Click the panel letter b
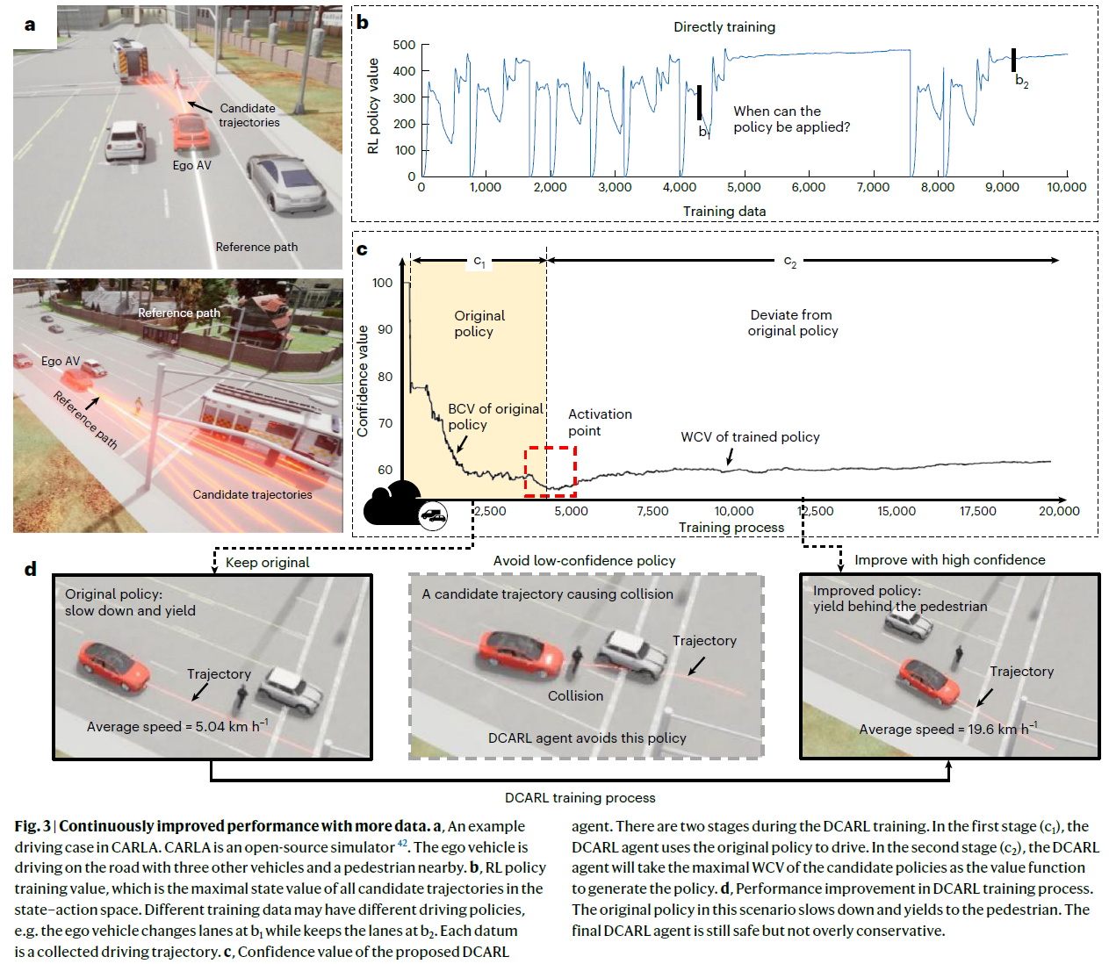tap(363, 22)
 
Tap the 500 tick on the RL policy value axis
tap(404, 45)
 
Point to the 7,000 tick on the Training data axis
tap(873, 187)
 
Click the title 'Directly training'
tap(724, 27)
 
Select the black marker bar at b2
tap(1013, 60)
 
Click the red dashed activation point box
tap(551, 471)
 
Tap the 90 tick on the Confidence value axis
tap(385, 329)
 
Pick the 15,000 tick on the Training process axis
tap(897, 511)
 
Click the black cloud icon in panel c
tap(392, 504)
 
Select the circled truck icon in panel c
tap(433, 516)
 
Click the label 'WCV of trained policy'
tap(750, 437)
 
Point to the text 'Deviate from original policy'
tap(792, 323)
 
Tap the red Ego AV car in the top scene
tap(189, 131)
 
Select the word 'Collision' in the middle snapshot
tap(575, 696)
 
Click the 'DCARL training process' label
tap(580, 798)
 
